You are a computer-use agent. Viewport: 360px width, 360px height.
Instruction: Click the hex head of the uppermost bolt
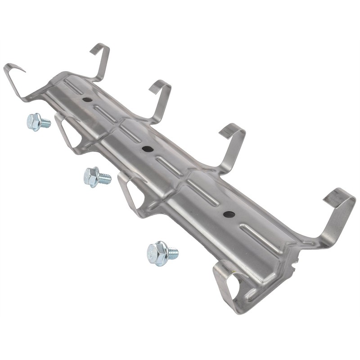[33, 121]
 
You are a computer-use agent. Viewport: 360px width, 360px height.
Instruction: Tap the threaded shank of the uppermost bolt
[45, 122]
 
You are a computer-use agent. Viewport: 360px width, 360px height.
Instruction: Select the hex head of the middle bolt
[91, 176]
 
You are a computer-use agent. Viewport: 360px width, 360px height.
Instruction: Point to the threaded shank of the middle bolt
[105, 179]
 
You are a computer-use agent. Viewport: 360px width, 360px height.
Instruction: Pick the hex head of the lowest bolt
[157, 253]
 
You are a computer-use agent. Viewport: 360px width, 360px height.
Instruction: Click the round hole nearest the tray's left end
[87, 99]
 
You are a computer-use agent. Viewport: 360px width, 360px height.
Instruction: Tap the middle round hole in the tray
[146, 149]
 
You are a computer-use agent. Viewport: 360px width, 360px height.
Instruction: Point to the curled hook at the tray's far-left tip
[13, 76]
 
